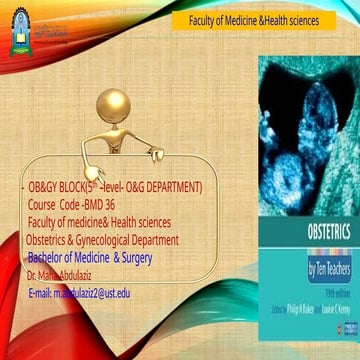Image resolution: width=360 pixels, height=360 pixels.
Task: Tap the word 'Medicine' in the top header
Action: click(x=235, y=21)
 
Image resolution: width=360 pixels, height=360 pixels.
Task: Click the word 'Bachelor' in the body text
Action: click(x=50, y=255)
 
